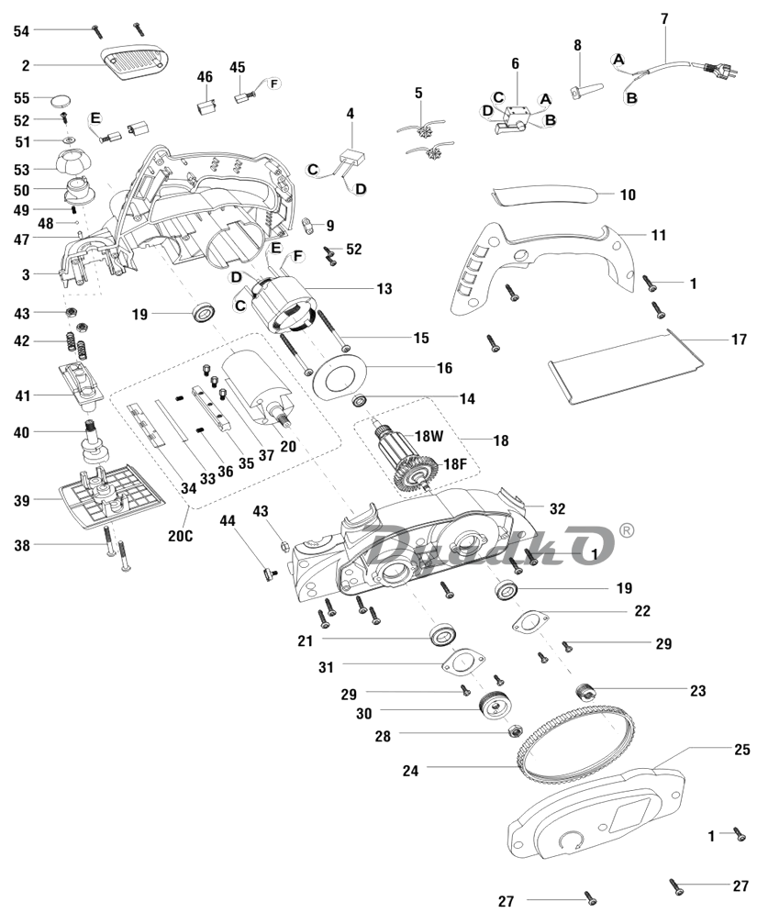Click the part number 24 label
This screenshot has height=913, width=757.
click(x=410, y=771)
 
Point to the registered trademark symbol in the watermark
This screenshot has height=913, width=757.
click(x=627, y=529)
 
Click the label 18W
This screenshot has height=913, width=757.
click(x=429, y=436)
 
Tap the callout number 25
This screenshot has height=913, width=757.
click(x=742, y=749)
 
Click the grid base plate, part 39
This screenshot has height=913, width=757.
click(x=110, y=500)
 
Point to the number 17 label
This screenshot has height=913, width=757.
click(x=739, y=339)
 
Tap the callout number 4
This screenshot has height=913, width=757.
click(x=350, y=113)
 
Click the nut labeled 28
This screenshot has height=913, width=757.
click(x=516, y=732)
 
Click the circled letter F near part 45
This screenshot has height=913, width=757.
click(x=273, y=84)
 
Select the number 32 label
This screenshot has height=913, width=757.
click(x=557, y=507)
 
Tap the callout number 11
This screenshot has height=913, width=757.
click(x=659, y=235)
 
